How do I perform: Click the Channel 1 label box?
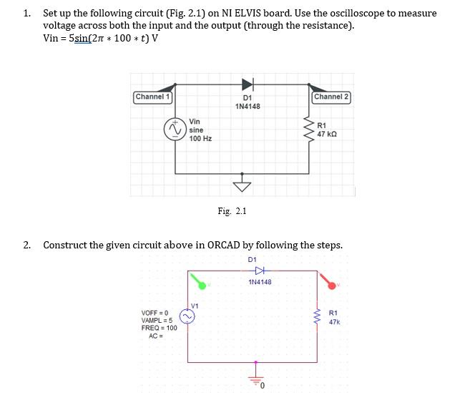coord(152,97)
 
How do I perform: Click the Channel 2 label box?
coord(331,97)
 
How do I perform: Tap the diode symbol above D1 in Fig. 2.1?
coord(247,84)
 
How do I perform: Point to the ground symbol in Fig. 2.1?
coord(243,185)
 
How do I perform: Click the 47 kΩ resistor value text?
coord(327,134)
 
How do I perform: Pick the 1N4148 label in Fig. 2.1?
coord(248,107)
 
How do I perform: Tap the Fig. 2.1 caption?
coord(232,211)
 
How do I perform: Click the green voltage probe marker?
coord(203,285)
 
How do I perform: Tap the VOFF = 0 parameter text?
coord(156,312)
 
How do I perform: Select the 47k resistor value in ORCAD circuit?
coord(334,322)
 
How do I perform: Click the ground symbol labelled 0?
coord(253,381)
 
